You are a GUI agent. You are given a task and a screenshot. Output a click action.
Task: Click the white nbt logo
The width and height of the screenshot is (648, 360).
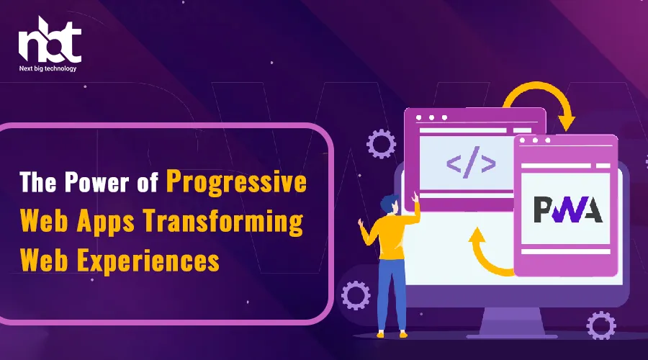point(50,40)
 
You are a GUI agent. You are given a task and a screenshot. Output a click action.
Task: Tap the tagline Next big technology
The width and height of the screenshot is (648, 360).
point(48,68)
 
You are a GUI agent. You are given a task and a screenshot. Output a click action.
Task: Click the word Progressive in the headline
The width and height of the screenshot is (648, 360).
point(236,182)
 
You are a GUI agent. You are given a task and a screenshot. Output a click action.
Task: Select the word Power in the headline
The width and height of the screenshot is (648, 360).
point(96,182)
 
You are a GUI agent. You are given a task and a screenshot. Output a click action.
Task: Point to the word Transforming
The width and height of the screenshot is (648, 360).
point(224,222)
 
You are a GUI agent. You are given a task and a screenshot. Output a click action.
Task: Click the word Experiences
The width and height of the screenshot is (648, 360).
point(148,261)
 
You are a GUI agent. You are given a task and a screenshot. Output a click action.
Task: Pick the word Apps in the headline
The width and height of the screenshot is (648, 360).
point(106,222)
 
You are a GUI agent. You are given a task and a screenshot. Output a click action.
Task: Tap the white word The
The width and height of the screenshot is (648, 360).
point(37,182)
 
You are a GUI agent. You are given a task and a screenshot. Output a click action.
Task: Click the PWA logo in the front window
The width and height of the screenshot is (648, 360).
point(568,210)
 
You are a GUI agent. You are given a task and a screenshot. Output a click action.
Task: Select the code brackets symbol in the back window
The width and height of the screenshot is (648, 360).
point(471,162)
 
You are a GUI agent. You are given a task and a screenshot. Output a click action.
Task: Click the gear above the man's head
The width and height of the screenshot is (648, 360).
point(381,144)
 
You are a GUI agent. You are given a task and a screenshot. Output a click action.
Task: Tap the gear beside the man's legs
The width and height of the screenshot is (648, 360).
point(356,295)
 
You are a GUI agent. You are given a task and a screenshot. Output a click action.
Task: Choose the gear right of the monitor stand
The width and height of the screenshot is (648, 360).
point(601,325)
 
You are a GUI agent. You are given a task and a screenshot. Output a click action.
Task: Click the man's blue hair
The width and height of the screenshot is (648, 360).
point(389,203)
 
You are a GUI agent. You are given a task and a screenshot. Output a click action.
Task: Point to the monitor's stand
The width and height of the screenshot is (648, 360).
point(512,323)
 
